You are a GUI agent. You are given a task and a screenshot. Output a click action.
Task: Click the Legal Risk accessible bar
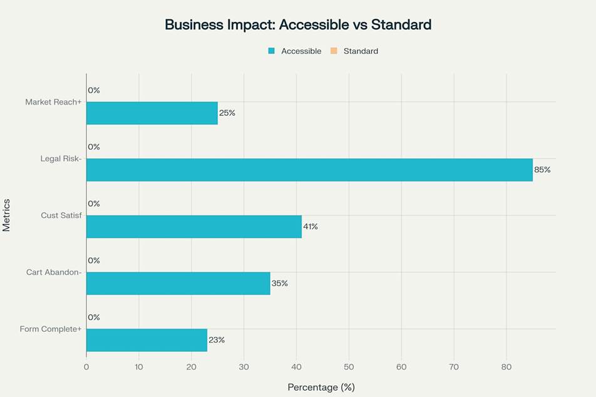click(x=309, y=170)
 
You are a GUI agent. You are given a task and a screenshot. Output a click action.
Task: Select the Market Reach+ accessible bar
click(x=152, y=113)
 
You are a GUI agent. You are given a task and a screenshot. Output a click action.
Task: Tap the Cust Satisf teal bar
click(x=193, y=227)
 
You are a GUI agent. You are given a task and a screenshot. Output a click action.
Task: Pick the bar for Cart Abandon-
click(x=178, y=283)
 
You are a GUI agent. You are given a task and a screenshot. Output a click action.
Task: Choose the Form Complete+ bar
click(x=146, y=340)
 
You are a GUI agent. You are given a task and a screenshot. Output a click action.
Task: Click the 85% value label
click(x=542, y=170)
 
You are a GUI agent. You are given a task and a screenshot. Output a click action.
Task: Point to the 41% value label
click(x=311, y=227)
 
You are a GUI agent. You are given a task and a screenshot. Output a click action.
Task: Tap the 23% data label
click(x=217, y=340)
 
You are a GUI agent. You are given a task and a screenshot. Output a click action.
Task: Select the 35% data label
click(x=279, y=283)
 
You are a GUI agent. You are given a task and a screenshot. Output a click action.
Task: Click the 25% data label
click(x=227, y=113)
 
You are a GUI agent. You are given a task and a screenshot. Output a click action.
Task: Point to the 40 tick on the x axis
click(x=296, y=367)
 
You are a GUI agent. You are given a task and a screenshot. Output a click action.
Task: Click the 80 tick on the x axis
click(x=506, y=367)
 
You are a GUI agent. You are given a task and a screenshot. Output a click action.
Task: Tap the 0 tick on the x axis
click(x=86, y=367)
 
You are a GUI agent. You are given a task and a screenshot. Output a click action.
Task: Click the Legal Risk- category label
click(x=61, y=158)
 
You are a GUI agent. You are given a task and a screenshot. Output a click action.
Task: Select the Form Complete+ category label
click(x=51, y=329)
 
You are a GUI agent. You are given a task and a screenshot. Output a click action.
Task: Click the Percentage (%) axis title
click(x=321, y=388)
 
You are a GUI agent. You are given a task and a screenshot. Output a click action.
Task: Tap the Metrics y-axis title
click(x=7, y=215)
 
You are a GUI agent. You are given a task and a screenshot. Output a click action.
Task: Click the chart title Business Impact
click(x=298, y=25)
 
